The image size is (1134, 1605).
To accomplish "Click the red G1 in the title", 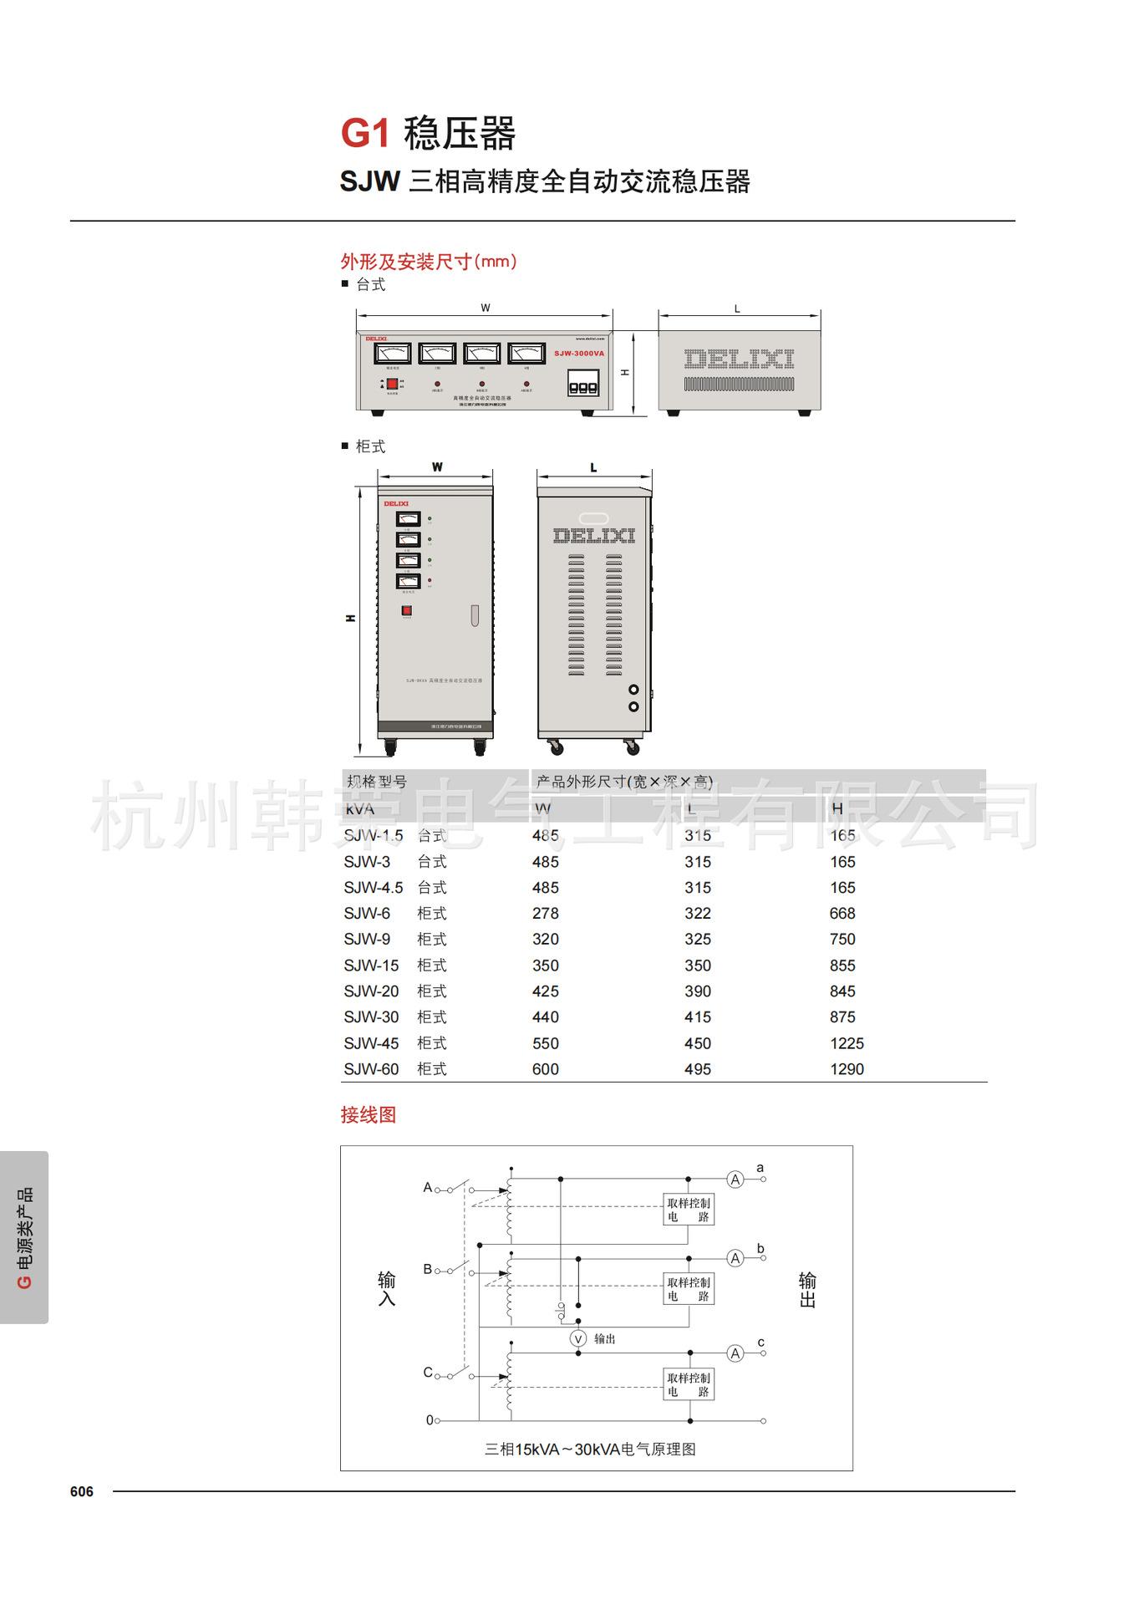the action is (x=365, y=134).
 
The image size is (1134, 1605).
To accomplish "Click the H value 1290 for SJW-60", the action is (x=847, y=1069).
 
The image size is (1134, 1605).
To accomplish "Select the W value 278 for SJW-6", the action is (x=546, y=914).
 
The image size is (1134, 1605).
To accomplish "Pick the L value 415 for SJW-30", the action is (x=698, y=1017).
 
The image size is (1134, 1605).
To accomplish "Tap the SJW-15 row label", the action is (x=371, y=966).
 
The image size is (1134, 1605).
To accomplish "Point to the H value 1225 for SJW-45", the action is (x=847, y=1043).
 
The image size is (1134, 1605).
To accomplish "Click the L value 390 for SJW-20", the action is (x=698, y=991).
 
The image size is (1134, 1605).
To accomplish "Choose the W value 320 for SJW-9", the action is (x=546, y=940).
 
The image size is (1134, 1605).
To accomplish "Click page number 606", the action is (x=82, y=1492).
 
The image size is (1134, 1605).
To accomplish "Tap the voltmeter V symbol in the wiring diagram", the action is (x=577, y=1338).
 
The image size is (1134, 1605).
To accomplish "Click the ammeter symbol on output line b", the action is (x=735, y=1258).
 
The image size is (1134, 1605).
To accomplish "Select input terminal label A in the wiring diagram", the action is (x=428, y=1187).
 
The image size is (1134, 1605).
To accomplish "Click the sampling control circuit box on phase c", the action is (x=689, y=1384).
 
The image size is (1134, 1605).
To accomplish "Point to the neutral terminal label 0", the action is (x=430, y=1420).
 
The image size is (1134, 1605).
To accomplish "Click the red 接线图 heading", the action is (x=369, y=1115).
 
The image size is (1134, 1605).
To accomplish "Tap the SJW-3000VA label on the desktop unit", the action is (x=578, y=354).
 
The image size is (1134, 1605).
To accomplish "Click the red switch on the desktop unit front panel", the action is (x=391, y=385).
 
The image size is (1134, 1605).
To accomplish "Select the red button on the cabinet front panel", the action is (x=407, y=611).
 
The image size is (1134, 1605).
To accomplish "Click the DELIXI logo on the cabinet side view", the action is (x=594, y=536).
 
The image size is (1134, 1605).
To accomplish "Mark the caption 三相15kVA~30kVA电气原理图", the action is (x=590, y=1450).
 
